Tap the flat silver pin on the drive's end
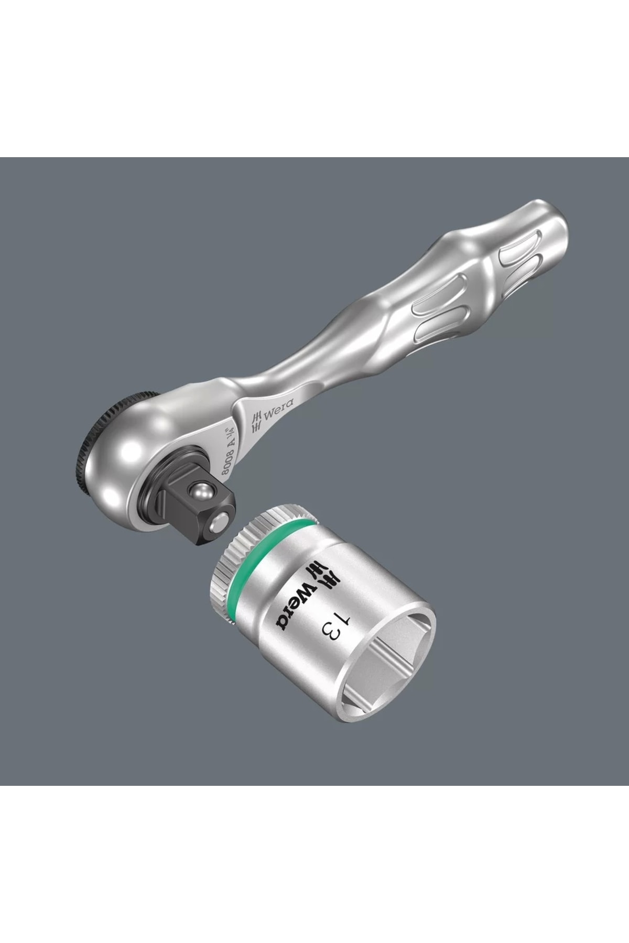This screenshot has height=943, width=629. (221, 522)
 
